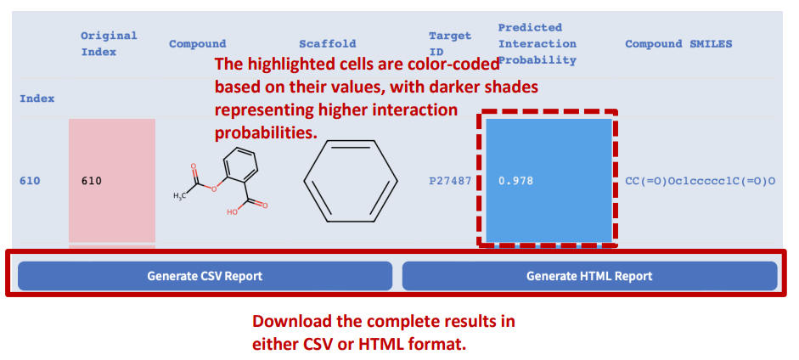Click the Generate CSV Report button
(205, 276)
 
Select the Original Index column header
(109, 44)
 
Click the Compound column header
(198, 44)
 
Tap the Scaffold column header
(328, 44)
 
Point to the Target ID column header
(450, 44)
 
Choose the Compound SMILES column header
(678, 44)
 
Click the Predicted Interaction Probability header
(537, 44)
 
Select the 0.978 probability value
(515, 181)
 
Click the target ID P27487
(450, 181)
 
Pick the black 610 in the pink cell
(92, 181)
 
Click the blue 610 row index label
(30, 181)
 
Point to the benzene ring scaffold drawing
(351, 181)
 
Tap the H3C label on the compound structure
(179, 196)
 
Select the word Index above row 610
(37, 98)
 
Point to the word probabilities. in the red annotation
(266, 133)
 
